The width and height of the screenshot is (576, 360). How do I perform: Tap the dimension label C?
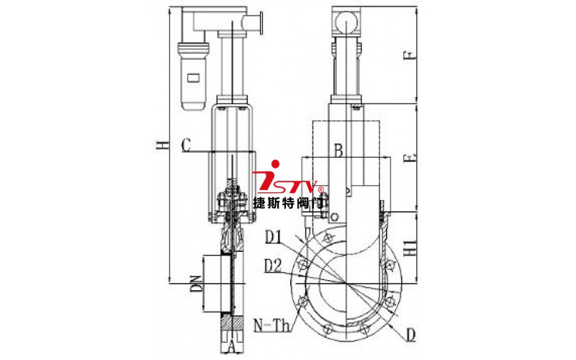(186, 145)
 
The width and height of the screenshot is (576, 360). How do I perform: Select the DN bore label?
(197, 284)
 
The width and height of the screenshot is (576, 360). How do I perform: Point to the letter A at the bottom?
(231, 346)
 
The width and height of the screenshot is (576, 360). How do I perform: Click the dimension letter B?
(338, 150)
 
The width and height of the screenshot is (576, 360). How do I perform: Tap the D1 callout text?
(274, 238)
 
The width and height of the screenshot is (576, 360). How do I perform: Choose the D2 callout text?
(274, 266)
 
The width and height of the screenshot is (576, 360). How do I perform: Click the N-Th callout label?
(272, 325)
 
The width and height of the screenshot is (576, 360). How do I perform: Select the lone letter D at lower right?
(410, 335)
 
